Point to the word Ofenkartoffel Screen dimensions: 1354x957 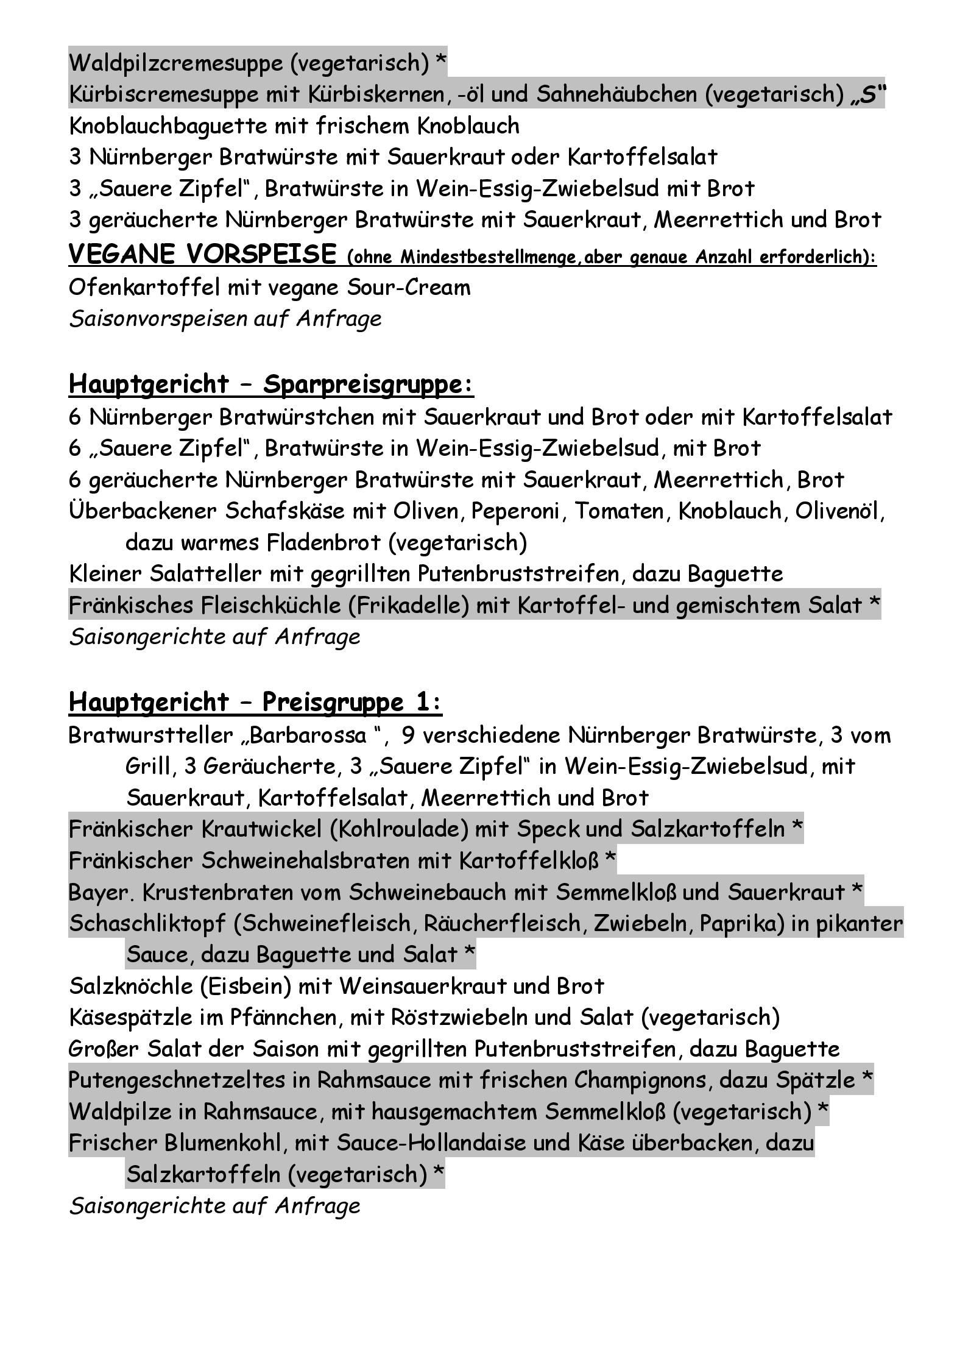[x=144, y=287]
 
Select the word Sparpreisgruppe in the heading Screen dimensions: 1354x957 [x=368, y=385]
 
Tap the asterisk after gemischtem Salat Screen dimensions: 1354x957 [x=874, y=604]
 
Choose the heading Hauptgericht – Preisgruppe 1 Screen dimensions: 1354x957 [x=255, y=702]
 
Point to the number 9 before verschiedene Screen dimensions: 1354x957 [x=408, y=735]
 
